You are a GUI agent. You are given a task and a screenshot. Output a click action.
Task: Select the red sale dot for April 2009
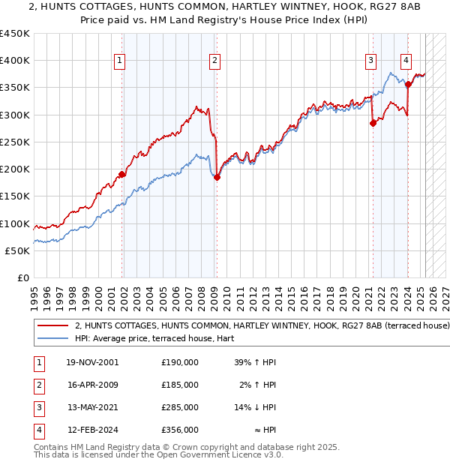pyautogui.click(x=217, y=178)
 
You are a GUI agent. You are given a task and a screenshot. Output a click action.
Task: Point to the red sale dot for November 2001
pyautogui.click(x=122, y=175)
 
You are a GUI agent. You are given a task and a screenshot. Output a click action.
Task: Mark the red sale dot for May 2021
pyautogui.click(x=373, y=124)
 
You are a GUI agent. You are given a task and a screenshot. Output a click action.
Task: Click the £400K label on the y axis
pyautogui.click(x=15, y=61)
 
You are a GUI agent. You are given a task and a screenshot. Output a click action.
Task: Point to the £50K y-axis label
pyautogui.click(x=18, y=250)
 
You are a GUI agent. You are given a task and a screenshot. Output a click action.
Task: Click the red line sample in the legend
pyautogui.click(x=54, y=326)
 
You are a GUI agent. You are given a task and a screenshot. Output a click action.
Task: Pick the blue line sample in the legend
pyautogui.click(x=54, y=338)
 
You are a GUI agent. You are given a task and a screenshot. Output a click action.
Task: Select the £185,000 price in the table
pyautogui.click(x=180, y=385)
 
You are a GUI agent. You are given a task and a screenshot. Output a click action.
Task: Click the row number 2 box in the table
pyautogui.click(x=37, y=385)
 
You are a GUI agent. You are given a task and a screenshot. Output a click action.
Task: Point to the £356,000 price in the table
pyautogui.click(x=180, y=430)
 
